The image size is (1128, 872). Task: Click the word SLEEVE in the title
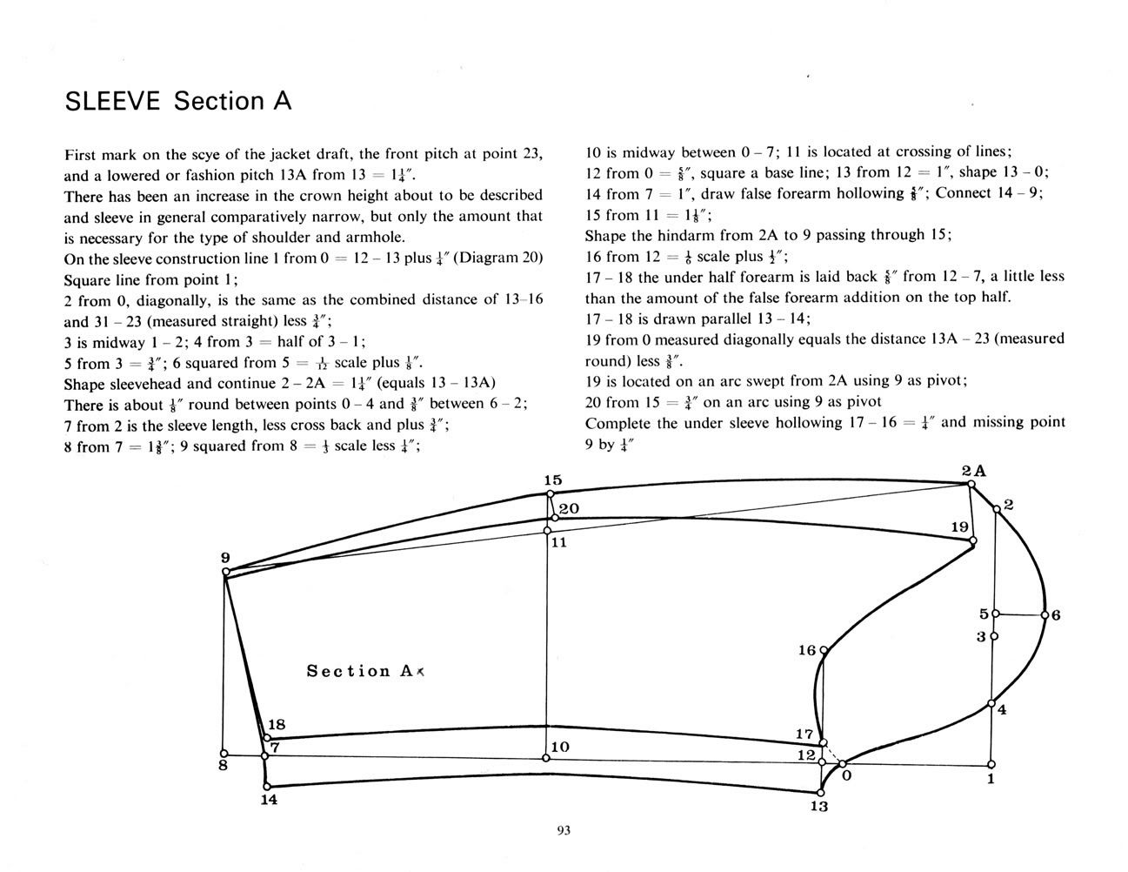tap(113, 101)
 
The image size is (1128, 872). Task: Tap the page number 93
tap(564, 830)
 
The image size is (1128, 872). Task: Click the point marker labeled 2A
tap(971, 485)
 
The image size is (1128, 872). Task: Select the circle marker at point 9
tap(226, 572)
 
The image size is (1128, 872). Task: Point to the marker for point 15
tap(551, 494)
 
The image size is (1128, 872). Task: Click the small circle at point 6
tap(1045, 615)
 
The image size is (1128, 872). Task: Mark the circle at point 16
tap(824, 650)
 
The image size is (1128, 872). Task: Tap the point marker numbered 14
tap(267, 787)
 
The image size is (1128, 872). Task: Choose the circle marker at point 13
tap(821, 793)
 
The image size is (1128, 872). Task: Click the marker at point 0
tap(843, 763)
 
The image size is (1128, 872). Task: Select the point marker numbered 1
tap(991, 764)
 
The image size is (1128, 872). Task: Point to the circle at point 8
tap(224, 754)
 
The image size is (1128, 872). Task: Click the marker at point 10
tap(546, 758)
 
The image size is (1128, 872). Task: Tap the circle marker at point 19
tap(973, 540)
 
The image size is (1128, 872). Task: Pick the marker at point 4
tap(991, 704)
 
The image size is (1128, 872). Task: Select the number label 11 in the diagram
tap(559, 543)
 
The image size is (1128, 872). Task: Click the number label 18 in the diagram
tap(277, 725)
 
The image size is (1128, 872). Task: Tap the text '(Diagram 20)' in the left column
tap(497, 258)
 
